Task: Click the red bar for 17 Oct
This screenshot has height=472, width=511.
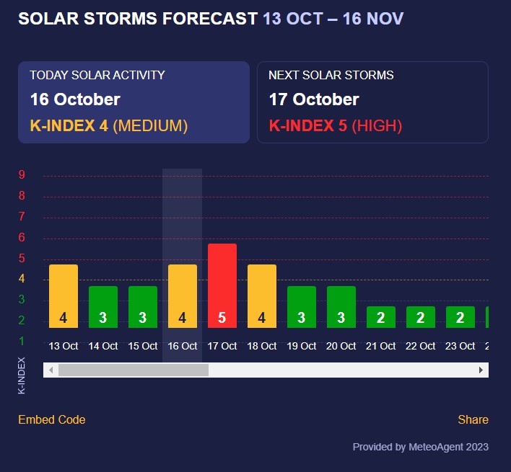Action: click(222, 285)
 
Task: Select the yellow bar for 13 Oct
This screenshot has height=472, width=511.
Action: click(64, 295)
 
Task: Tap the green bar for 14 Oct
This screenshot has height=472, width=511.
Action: click(103, 306)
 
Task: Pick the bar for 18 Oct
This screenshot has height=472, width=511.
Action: click(262, 295)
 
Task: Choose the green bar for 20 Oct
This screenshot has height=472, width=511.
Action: click(341, 306)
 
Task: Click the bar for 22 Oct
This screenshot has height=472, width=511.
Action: click(420, 316)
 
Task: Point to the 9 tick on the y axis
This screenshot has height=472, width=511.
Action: click(22, 174)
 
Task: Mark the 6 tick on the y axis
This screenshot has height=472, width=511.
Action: click(22, 237)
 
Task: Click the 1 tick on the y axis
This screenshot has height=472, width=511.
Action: click(22, 341)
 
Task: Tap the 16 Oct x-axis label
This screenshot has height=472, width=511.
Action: click(183, 346)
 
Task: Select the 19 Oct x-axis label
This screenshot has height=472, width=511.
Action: click(302, 346)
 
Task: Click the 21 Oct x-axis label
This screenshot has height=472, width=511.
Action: click(380, 346)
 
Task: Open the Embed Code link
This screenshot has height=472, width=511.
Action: click(51, 419)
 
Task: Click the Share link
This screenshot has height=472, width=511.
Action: click(473, 419)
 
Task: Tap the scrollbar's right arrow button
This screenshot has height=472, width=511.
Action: click(481, 370)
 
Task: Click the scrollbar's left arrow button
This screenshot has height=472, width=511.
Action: click(51, 370)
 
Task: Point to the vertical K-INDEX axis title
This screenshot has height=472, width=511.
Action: click(22, 375)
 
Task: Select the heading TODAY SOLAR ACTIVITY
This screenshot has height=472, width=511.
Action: click(97, 75)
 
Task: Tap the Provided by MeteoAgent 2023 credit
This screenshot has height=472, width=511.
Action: click(420, 447)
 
